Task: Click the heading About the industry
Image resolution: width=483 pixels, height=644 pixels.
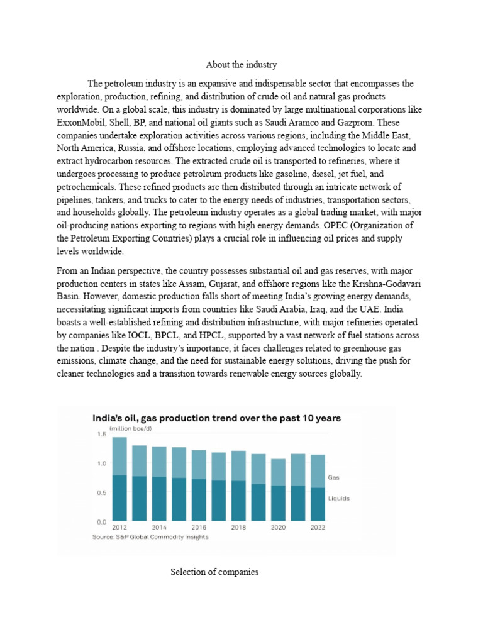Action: pos(241,65)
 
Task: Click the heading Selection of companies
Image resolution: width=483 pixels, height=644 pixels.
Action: pos(214,572)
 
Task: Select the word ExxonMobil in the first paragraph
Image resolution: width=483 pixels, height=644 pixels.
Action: pos(79,122)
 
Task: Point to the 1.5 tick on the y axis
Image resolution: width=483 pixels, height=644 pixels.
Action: pos(101,434)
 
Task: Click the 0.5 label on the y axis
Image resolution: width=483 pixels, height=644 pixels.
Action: pos(101,492)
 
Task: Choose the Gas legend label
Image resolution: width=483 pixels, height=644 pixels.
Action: pos(334,477)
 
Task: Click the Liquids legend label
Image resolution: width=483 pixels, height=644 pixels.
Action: pos(338,498)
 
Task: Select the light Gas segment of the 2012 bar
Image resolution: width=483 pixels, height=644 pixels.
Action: pos(119,456)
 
